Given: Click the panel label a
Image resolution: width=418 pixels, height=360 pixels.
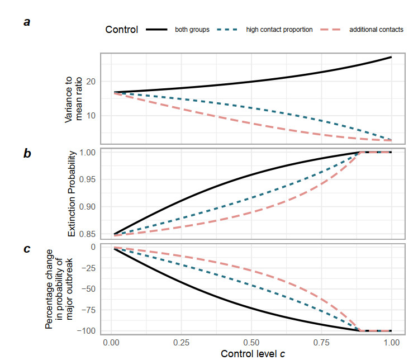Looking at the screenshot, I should (26, 23).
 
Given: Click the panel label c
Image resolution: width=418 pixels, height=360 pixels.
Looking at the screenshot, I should (26, 249).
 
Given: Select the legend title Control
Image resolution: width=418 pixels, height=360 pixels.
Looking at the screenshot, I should (122, 30).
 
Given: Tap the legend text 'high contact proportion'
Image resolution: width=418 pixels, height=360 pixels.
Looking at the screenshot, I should (279, 30).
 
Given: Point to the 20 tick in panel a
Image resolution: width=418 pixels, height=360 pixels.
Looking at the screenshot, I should (92, 82).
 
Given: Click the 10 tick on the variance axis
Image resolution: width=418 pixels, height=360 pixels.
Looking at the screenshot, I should (92, 116).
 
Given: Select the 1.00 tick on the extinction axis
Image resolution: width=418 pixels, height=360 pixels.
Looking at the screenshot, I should (89, 152).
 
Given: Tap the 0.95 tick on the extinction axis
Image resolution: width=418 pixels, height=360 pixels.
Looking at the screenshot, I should (89, 179).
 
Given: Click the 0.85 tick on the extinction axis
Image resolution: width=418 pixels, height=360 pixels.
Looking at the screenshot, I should (89, 234).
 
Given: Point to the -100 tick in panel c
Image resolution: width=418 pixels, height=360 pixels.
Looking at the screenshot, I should (88, 331).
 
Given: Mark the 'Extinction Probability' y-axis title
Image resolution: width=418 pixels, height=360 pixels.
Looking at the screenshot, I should (72, 193).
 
